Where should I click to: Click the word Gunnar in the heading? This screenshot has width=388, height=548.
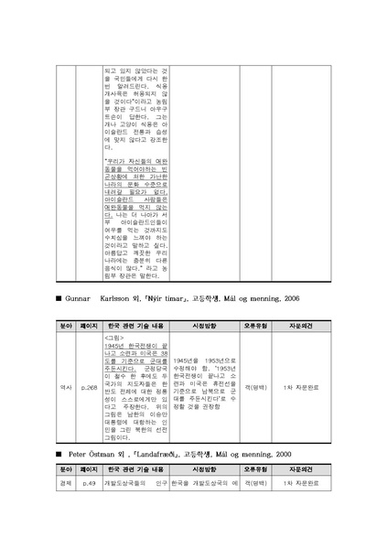click(81, 298)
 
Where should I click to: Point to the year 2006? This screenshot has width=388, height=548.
click(315, 298)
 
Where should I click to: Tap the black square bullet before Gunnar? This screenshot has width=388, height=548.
click(58, 298)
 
